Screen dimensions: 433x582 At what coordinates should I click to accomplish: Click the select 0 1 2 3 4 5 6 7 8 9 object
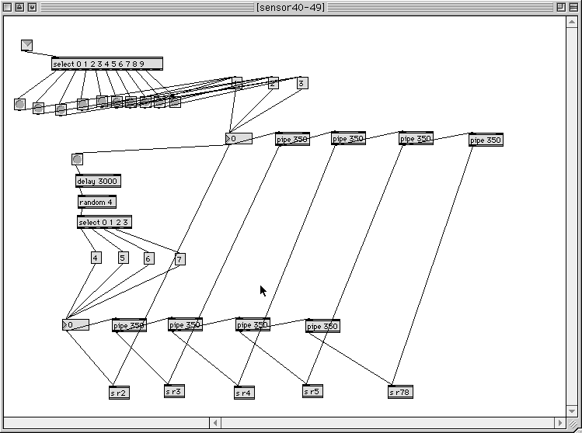click(106, 64)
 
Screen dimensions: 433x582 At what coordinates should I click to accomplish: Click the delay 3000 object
click(98, 181)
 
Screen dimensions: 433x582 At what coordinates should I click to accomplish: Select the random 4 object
click(96, 202)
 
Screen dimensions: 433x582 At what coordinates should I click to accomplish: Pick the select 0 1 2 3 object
click(104, 222)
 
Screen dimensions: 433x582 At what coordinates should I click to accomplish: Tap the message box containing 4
click(96, 258)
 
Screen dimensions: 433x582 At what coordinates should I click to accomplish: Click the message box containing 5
click(123, 258)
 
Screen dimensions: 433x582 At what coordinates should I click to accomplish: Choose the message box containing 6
click(148, 258)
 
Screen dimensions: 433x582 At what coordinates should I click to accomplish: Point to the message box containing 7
click(180, 259)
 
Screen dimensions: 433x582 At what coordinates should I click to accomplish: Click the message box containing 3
click(301, 83)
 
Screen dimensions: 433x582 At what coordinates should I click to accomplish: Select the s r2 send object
click(119, 393)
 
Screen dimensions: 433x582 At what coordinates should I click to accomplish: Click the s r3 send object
click(174, 391)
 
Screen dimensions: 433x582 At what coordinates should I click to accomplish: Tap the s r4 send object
click(244, 393)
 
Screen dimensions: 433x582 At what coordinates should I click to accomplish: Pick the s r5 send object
click(312, 392)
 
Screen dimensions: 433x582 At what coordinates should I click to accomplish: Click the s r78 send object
click(399, 393)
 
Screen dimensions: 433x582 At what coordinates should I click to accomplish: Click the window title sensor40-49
click(291, 7)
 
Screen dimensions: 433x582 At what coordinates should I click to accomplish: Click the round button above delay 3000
click(77, 159)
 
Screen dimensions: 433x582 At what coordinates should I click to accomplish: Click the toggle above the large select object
click(26, 45)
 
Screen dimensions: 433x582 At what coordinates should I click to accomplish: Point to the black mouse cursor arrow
click(263, 289)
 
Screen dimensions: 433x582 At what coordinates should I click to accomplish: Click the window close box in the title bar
click(7, 7)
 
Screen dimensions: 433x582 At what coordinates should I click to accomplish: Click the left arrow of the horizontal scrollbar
click(216, 423)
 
